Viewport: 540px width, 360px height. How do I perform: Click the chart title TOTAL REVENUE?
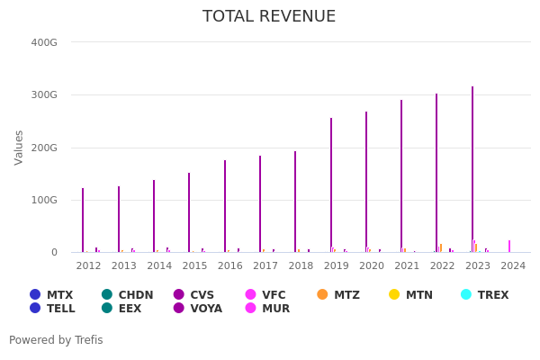pos(269,17)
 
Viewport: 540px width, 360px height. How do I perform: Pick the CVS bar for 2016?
pos(225,206)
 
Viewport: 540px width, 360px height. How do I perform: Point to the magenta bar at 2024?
pos(509,246)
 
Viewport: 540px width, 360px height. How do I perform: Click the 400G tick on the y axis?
pos(44,42)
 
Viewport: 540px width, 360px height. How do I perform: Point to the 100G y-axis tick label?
pos(44,200)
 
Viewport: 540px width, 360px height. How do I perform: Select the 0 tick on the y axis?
pos(54,253)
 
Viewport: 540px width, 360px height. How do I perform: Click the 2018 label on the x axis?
pos(301,266)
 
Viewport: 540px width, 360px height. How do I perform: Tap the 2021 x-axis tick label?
pos(407,266)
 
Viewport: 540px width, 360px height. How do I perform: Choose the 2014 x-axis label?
pos(159,266)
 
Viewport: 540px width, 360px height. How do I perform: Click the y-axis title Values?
pos(20,147)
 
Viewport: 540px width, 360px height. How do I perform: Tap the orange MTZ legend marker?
pos(322,294)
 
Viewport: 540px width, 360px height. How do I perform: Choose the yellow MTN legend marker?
pos(394,294)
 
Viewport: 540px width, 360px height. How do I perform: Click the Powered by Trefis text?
pos(56,340)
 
